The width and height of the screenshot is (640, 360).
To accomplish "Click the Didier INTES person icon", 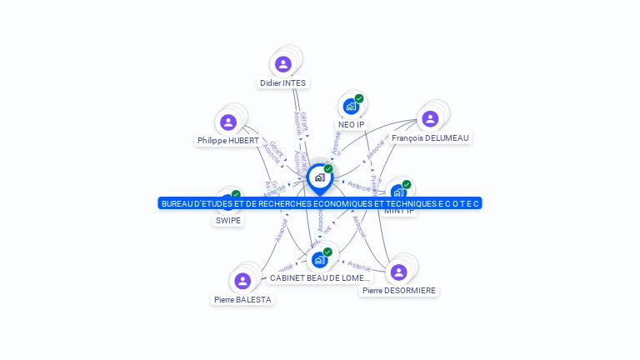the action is click(x=283, y=64).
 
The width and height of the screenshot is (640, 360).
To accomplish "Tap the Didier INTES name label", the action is click(x=283, y=83).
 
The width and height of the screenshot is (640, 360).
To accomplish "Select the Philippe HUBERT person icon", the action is click(x=228, y=122).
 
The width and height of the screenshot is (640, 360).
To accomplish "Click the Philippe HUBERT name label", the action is click(x=228, y=141).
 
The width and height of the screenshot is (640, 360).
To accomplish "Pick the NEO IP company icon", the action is click(x=351, y=107).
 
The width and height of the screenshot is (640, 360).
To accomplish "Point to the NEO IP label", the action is click(x=351, y=125).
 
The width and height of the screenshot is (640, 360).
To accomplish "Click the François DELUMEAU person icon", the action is click(x=430, y=119).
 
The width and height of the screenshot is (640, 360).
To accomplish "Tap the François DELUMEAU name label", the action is click(x=430, y=138).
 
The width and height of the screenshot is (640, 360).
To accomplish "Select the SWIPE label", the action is click(x=228, y=221).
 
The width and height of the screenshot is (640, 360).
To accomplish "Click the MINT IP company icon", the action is click(x=398, y=192).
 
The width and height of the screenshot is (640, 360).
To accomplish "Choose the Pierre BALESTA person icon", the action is click(x=242, y=281).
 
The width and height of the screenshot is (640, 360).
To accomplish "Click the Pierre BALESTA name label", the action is click(x=242, y=299).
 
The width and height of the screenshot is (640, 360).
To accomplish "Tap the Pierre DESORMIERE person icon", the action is click(x=398, y=272).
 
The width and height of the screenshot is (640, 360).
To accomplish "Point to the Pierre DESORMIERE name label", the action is click(x=399, y=291).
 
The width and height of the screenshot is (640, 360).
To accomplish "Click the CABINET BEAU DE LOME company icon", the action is click(x=319, y=260).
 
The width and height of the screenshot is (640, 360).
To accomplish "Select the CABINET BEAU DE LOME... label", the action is click(x=319, y=277).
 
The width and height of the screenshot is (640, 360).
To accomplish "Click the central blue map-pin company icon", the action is click(x=319, y=177).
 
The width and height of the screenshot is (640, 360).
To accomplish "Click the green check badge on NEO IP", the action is click(x=359, y=98).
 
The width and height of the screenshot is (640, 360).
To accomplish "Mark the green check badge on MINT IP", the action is click(x=407, y=184).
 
